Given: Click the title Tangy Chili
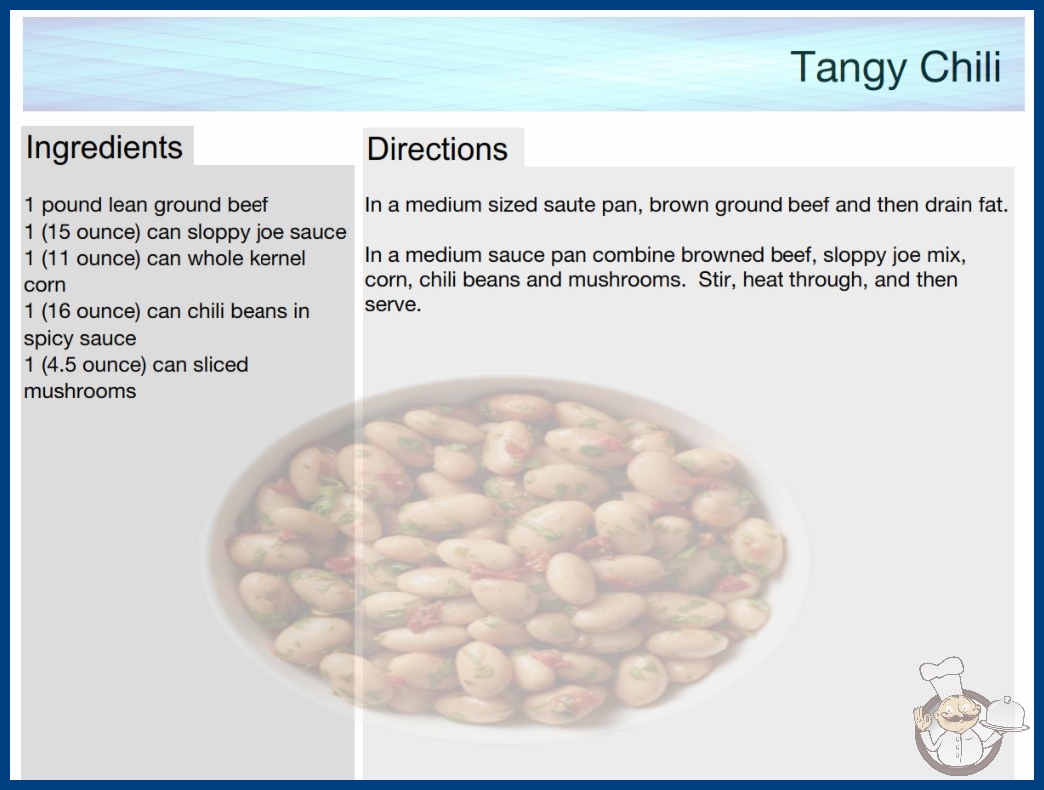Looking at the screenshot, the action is click(896, 68).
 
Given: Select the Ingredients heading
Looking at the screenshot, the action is click(104, 147).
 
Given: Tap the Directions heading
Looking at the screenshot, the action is click(437, 149).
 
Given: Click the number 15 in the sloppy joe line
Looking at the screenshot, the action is click(57, 232).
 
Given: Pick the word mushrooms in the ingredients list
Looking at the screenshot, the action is click(80, 391).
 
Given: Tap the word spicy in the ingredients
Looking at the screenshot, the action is click(47, 339).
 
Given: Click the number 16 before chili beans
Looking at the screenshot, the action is click(57, 311).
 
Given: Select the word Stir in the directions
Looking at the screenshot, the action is click(715, 279).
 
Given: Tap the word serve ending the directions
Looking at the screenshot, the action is click(393, 305).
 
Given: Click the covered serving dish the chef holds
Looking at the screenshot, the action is click(1005, 714).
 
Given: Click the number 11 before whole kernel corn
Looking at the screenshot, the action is click(57, 258).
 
